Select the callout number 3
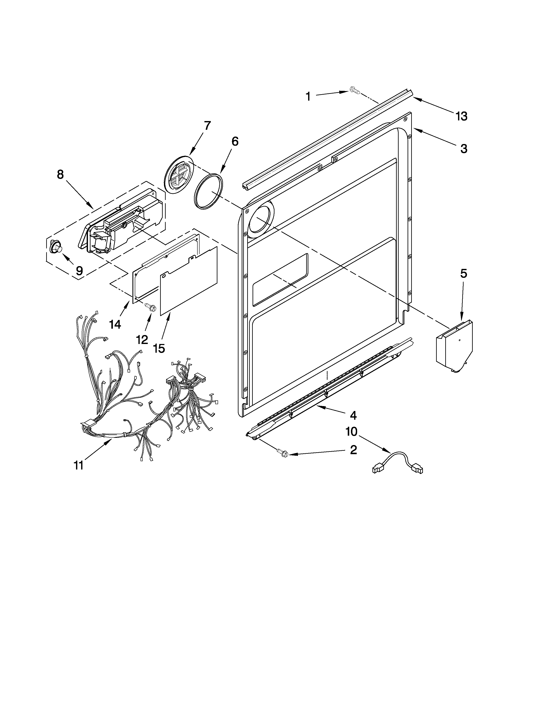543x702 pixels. (464, 149)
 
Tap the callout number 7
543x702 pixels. (207, 126)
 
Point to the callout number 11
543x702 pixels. (79, 465)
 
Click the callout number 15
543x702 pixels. (159, 348)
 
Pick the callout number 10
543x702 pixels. (351, 432)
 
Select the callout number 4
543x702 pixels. (353, 416)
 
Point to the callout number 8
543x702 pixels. (60, 174)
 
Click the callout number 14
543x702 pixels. (115, 324)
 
